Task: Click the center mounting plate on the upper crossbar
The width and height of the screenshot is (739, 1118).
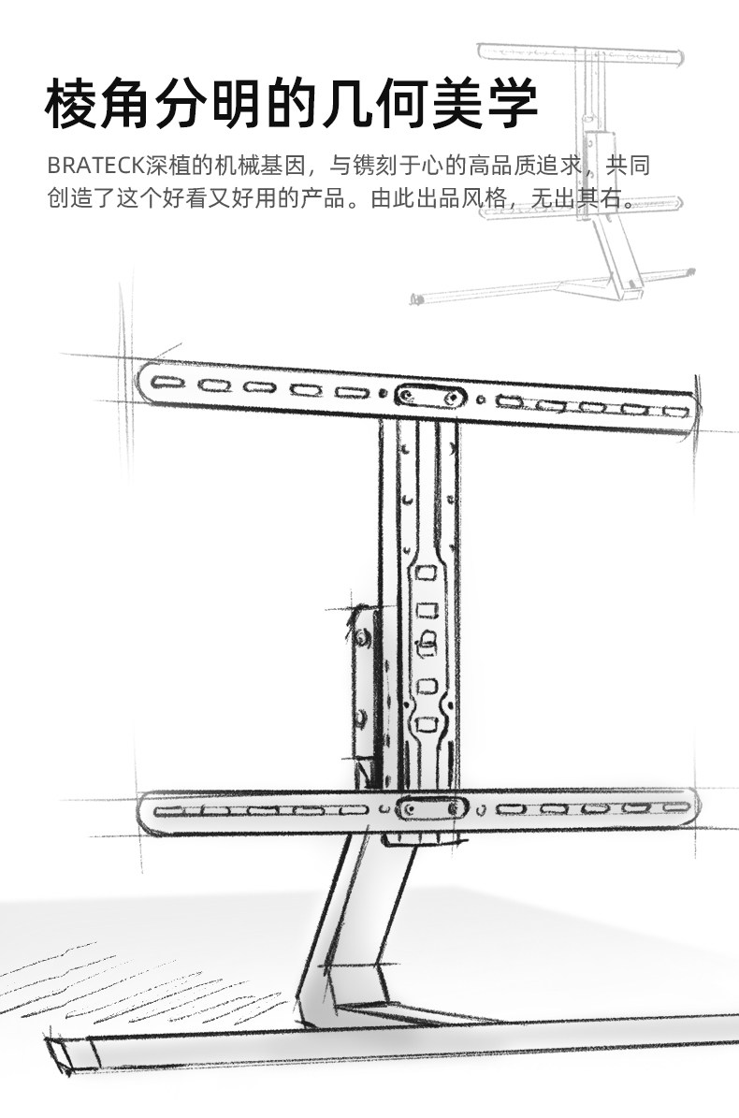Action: coord(429,396)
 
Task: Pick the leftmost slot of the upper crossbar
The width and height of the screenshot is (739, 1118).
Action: coord(169,383)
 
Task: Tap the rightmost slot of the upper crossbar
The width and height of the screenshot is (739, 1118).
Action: coord(674,411)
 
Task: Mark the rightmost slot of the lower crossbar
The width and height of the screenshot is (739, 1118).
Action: coord(674,806)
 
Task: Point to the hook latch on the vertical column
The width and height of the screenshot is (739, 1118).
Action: coord(427,641)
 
